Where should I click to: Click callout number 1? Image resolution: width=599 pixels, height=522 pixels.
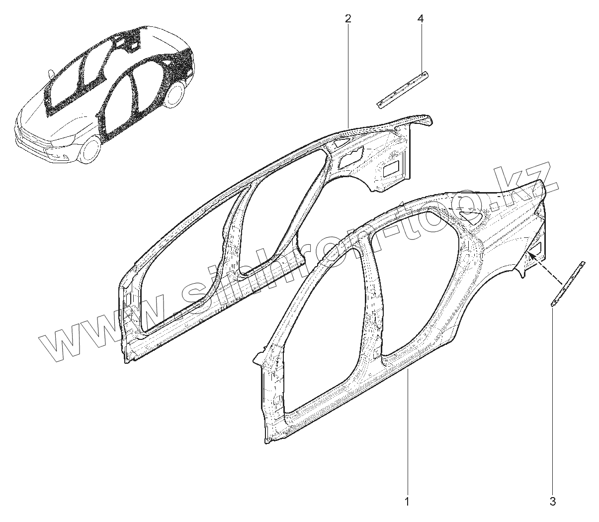coord(407,501)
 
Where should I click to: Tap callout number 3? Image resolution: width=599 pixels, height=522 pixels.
coord(553,501)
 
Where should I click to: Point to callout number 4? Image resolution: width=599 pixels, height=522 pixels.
coord(421,19)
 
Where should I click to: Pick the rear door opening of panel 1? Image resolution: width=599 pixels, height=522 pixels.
coord(418,279)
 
